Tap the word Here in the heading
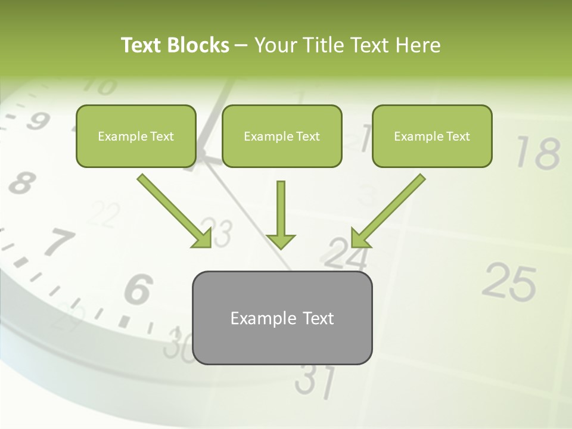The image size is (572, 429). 417,45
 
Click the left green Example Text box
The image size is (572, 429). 136,136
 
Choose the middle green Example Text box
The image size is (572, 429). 282,136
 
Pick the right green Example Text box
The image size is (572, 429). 432,136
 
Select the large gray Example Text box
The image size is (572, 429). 282,318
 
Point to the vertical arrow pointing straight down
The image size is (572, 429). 281,214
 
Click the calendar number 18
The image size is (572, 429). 537,153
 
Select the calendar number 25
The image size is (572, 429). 509,282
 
